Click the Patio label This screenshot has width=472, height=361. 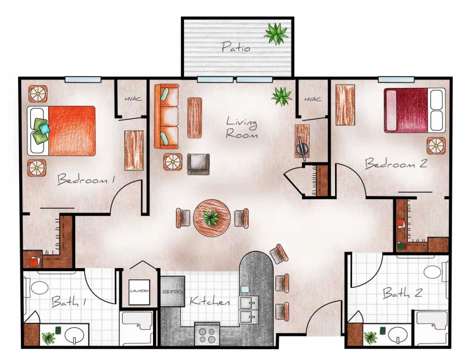click(x=236, y=47)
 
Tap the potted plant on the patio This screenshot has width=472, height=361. click(x=276, y=34)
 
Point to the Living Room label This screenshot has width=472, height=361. click(x=242, y=128)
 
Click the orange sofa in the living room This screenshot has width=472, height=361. click(x=167, y=117)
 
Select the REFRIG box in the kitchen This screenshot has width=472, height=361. click(x=172, y=292)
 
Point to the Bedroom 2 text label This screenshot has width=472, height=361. click(x=396, y=164)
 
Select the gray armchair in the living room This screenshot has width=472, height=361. click(x=198, y=164)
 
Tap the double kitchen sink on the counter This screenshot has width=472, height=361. click(x=249, y=309)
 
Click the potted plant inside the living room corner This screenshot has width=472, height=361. click(x=282, y=96)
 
